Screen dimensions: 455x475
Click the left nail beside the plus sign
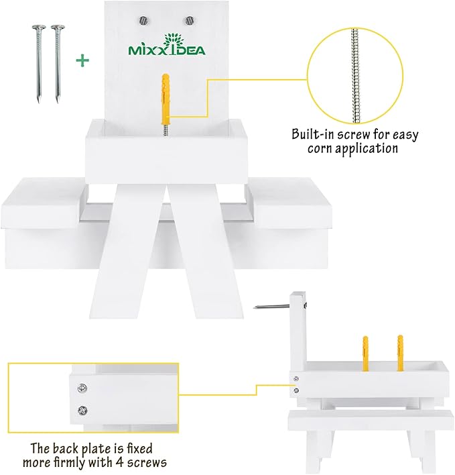point(38,64)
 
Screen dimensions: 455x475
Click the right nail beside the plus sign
point(58,64)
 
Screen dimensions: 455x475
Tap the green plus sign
point(82,60)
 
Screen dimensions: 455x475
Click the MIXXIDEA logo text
point(167,50)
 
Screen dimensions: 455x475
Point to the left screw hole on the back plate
point(143,21)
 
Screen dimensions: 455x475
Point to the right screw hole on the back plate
point(190,21)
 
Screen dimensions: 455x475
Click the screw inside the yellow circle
point(355,76)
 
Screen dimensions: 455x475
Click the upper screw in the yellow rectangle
point(82,388)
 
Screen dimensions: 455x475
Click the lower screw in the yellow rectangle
point(82,411)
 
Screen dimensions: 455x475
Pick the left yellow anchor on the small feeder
point(365,353)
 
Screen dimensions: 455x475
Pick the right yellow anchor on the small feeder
point(400,353)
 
